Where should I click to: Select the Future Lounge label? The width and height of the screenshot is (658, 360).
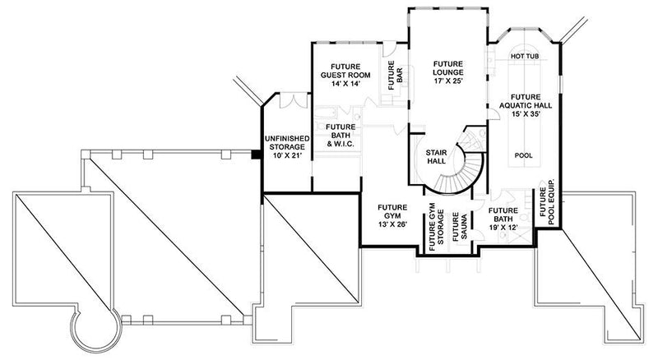pyautogui.click(x=448, y=72)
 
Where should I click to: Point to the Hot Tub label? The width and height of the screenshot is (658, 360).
pyautogui.click(x=524, y=56)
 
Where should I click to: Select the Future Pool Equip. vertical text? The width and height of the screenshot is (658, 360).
pyautogui.click(x=547, y=202)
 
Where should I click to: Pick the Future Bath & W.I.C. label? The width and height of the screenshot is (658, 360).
pyautogui.click(x=340, y=136)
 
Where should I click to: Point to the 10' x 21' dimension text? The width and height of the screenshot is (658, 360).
pyautogui.click(x=285, y=155)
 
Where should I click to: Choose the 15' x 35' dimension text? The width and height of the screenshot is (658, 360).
pyautogui.click(x=524, y=116)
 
